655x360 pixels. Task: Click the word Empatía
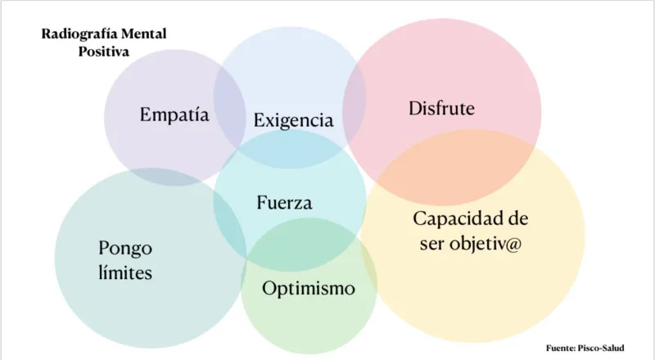tap(174, 115)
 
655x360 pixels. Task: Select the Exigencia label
tap(293, 121)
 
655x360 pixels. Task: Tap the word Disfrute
tap(441, 108)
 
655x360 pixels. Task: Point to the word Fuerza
tap(284, 202)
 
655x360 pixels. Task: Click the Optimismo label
tap(309, 288)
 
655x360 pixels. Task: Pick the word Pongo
tap(124, 248)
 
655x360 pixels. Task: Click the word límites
tap(124, 272)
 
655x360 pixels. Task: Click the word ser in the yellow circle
tap(431, 244)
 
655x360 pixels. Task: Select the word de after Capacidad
tap(517, 219)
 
